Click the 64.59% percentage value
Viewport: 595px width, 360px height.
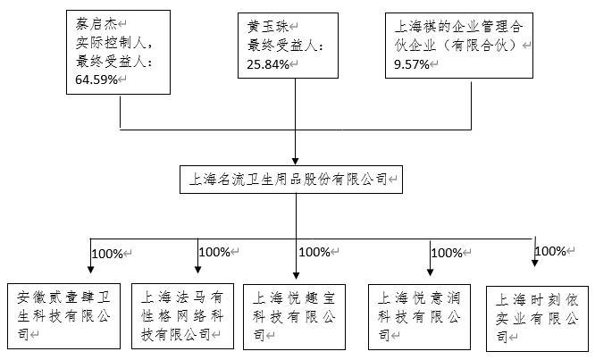point(96,80)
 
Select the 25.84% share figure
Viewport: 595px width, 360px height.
point(268,64)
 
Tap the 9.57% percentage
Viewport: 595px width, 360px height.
point(411,64)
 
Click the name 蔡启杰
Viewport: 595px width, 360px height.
point(96,25)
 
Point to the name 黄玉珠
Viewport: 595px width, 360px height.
point(268,27)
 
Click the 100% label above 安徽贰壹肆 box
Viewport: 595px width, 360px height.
point(107,254)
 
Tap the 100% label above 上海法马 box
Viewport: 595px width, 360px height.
point(214,252)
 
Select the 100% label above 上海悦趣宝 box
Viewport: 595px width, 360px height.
point(314,252)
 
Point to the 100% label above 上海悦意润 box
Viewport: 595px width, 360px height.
point(447,253)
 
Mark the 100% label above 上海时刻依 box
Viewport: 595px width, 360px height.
point(550,251)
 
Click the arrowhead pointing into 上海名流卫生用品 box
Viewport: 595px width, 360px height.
point(295,161)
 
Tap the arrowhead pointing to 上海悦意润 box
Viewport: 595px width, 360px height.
point(430,272)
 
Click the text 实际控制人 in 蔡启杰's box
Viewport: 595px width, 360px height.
point(111,43)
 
